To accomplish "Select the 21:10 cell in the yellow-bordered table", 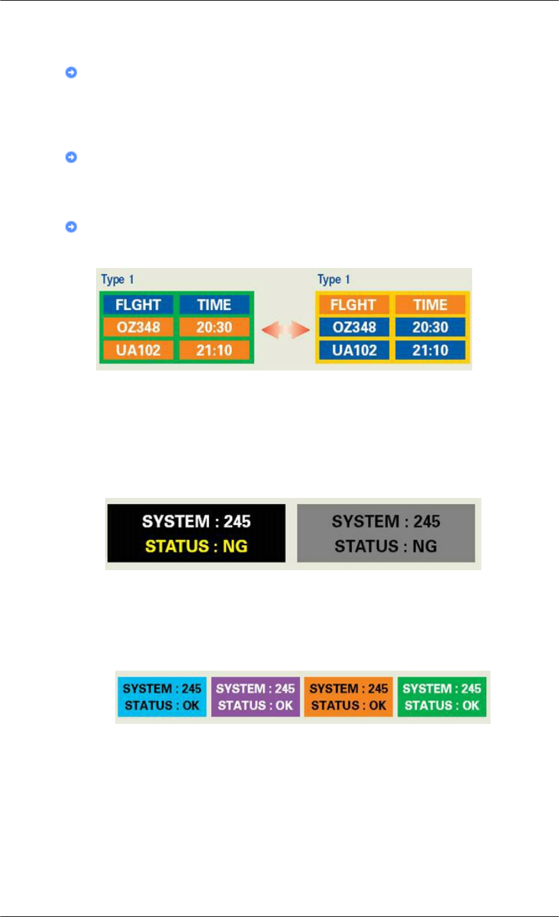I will (x=430, y=349).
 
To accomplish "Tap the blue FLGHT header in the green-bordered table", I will (x=137, y=305).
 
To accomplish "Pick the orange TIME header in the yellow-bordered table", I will (x=430, y=305).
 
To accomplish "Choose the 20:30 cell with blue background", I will (x=430, y=327).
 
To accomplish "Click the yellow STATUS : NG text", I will (x=197, y=546).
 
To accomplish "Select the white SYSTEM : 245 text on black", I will (x=197, y=522).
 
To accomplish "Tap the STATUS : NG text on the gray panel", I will (x=386, y=546).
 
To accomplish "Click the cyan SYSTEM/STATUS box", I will (x=162, y=697).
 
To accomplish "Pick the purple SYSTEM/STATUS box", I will (x=255, y=697).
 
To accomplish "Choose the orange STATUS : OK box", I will (x=349, y=697).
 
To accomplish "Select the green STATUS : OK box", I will (x=441, y=697).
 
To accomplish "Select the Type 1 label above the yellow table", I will (x=333, y=280).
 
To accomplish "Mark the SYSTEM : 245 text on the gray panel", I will (x=386, y=522).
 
